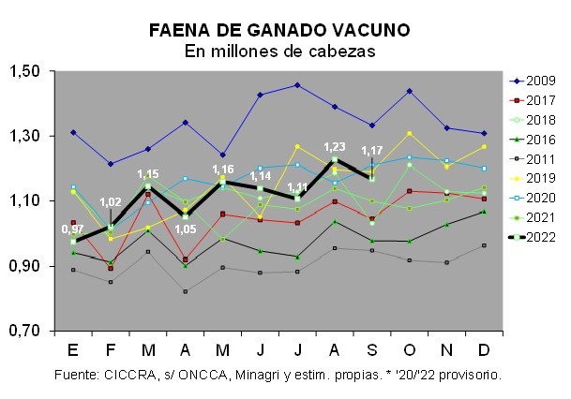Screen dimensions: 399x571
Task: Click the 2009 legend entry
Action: (538, 80)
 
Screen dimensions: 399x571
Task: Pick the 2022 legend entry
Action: (538, 237)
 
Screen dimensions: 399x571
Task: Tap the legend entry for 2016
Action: (538, 139)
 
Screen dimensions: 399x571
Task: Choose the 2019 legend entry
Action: (538, 178)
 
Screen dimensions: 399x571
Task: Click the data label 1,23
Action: (334, 147)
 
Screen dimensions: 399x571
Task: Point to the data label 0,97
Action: (72, 229)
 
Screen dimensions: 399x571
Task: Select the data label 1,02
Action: (110, 202)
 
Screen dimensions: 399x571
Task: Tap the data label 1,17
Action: (372, 151)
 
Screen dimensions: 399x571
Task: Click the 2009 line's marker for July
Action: (297, 85)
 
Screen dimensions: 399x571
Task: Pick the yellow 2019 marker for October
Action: (410, 133)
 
